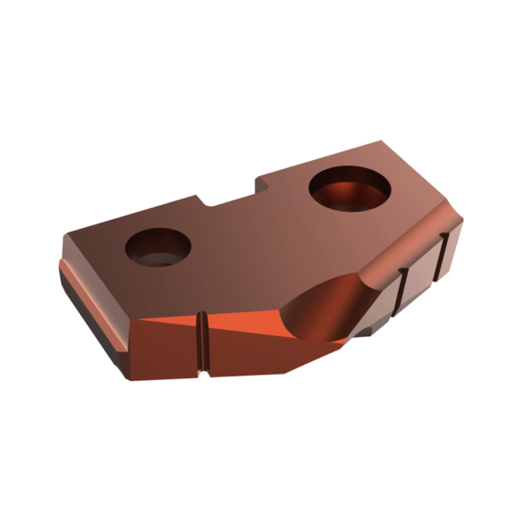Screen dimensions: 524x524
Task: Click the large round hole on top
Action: [x=350, y=189]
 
